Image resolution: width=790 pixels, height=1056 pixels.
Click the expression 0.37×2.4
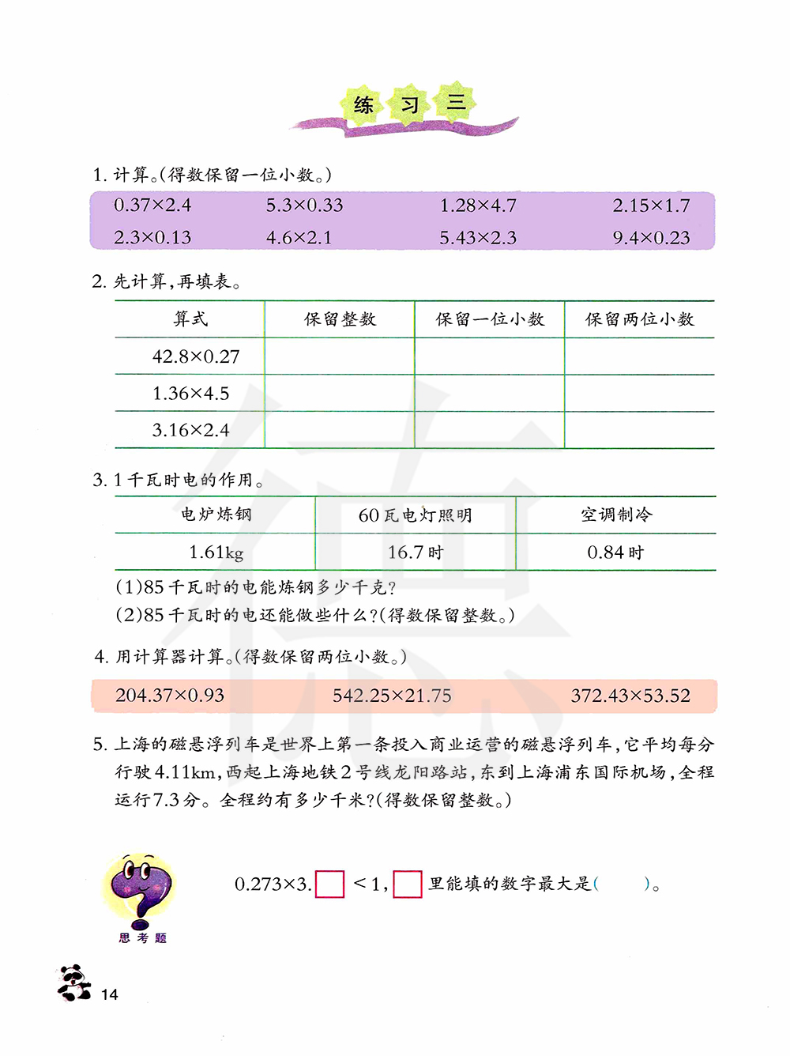(x=152, y=206)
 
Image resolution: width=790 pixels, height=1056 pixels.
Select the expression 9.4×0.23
(x=651, y=238)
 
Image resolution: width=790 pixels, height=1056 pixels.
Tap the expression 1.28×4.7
(x=478, y=206)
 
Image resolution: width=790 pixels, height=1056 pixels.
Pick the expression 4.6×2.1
(x=299, y=238)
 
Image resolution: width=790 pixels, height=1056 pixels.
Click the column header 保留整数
(x=340, y=319)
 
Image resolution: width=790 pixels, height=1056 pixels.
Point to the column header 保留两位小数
(x=639, y=319)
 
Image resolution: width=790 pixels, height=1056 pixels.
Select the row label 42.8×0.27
(x=196, y=356)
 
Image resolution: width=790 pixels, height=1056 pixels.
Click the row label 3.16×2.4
(x=190, y=430)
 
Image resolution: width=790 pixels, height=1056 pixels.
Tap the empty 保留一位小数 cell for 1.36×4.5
(x=490, y=393)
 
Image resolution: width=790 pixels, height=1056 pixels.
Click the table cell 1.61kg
(x=216, y=553)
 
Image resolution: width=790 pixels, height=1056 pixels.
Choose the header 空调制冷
(x=616, y=515)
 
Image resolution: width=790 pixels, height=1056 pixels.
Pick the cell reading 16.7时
(x=416, y=553)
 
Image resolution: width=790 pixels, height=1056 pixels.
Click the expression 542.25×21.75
(x=392, y=696)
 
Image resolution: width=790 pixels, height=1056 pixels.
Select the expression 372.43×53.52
(x=630, y=696)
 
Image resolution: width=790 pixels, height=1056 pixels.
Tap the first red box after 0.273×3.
(x=330, y=884)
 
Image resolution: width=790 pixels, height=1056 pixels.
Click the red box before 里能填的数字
(x=408, y=884)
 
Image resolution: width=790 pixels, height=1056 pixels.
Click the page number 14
(x=110, y=994)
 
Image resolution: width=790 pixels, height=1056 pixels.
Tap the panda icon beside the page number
(x=74, y=983)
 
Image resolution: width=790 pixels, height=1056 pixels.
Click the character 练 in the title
(x=363, y=105)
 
